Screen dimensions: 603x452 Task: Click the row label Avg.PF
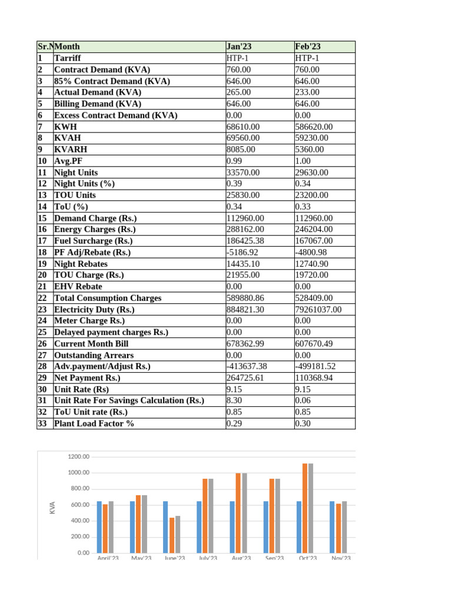click(71, 161)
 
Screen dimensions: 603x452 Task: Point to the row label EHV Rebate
click(78, 286)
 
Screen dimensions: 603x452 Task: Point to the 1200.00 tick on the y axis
click(78, 457)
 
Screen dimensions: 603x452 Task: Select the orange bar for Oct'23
click(305, 508)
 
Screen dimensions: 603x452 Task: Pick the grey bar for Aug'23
click(244, 512)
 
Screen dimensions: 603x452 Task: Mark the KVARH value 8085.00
click(241, 150)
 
